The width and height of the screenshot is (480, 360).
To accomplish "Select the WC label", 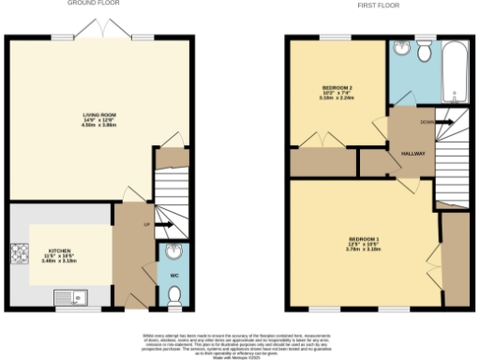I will [173, 276].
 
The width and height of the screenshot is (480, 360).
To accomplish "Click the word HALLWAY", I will [413, 152].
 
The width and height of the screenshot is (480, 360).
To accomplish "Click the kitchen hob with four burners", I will [18, 252].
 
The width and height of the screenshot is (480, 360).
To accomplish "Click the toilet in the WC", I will [173, 297].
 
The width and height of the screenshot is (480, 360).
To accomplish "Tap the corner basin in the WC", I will [173, 251].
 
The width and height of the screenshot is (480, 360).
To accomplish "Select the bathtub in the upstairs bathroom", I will [457, 73].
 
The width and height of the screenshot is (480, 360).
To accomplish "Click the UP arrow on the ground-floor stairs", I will [158, 225].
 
